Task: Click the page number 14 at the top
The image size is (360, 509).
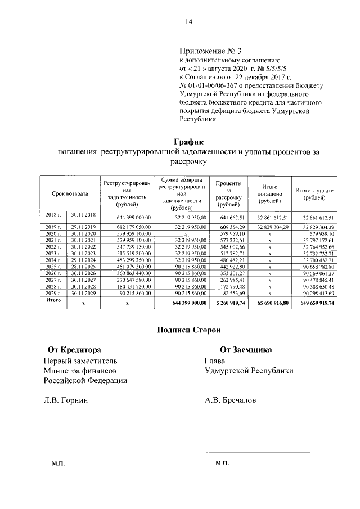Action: click(190, 22)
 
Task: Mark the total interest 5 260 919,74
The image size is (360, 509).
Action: click(229, 302)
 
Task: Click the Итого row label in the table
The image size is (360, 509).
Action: click(52, 301)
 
